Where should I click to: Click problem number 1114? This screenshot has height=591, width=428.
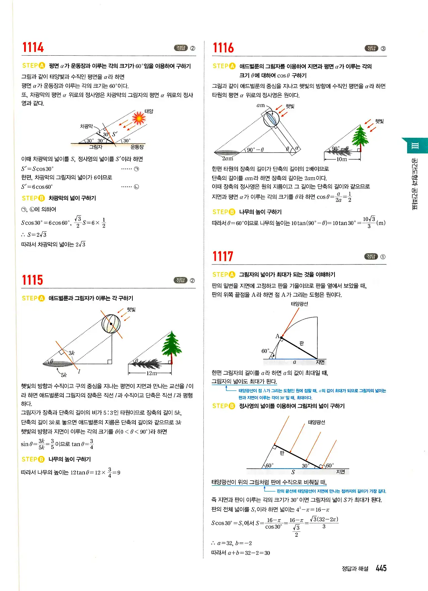coord(33,48)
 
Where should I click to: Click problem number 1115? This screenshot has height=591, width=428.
coord(33,280)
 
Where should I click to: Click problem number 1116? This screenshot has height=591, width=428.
coord(223,48)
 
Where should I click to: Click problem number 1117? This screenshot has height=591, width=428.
coord(223,256)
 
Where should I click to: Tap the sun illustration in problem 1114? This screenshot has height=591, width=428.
coord(138,118)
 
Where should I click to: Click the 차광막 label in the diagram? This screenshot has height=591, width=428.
coord(86,126)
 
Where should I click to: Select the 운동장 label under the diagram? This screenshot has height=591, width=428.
coord(137,147)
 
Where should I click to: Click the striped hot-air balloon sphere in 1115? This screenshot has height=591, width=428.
coord(111,324)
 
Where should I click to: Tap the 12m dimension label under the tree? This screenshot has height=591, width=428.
coord(151,373)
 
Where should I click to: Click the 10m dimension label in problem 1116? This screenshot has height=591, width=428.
coord(342,159)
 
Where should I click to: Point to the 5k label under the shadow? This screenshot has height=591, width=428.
coord(64,375)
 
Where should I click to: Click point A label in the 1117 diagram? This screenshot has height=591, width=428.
coord(277,336)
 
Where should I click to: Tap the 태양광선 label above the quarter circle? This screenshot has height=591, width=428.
coord(299,304)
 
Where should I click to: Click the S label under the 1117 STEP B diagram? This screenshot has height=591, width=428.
coord(293,472)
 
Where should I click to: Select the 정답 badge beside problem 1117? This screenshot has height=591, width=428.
coord(371,256)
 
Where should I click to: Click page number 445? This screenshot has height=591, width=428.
coord(381,568)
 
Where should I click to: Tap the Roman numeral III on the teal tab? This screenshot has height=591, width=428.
coord(415,146)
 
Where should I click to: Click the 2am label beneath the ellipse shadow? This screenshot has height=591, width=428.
coord(228,159)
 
